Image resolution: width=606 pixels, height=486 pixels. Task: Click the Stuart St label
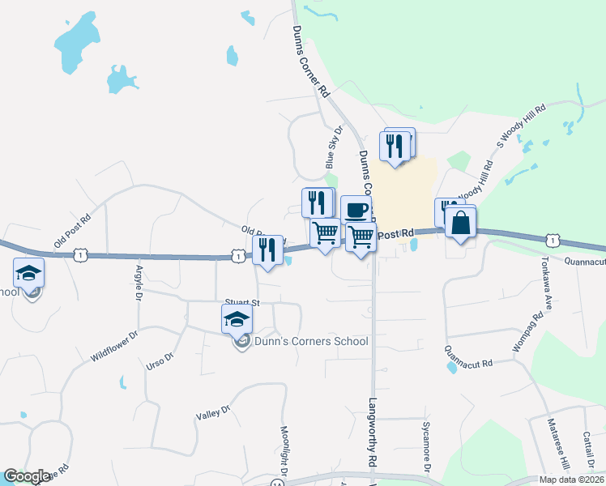click(x=242, y=303)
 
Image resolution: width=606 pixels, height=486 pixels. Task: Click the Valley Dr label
click(x=209, y=414)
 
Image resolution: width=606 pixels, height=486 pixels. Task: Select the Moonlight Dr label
click(x=284, y=450)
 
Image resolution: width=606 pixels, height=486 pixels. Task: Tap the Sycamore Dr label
click(x=426, y=445)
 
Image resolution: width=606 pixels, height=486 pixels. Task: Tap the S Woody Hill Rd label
click(x=522, y=126)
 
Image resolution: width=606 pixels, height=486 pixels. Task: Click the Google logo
click(x=28, y=476)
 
